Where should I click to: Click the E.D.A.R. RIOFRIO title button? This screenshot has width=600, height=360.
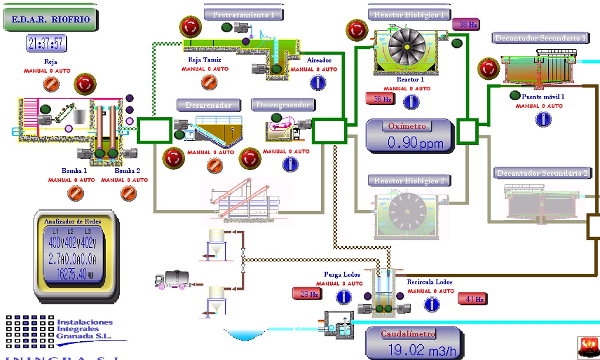point(50,19)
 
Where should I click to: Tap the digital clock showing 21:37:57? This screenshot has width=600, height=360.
point(46,43)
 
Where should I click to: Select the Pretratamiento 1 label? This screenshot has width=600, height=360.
point(243,15)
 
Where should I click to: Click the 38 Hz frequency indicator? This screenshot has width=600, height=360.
point(466,25)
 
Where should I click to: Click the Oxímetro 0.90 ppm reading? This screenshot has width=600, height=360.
point(410,136)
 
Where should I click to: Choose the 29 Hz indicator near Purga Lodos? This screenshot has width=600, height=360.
point(308,294)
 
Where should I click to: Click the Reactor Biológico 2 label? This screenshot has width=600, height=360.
point(409,181)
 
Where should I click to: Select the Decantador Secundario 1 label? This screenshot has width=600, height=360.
point(540,38)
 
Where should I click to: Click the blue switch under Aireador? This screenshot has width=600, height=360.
point(318,83)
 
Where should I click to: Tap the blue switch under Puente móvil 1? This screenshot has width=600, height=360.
point(543,119)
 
